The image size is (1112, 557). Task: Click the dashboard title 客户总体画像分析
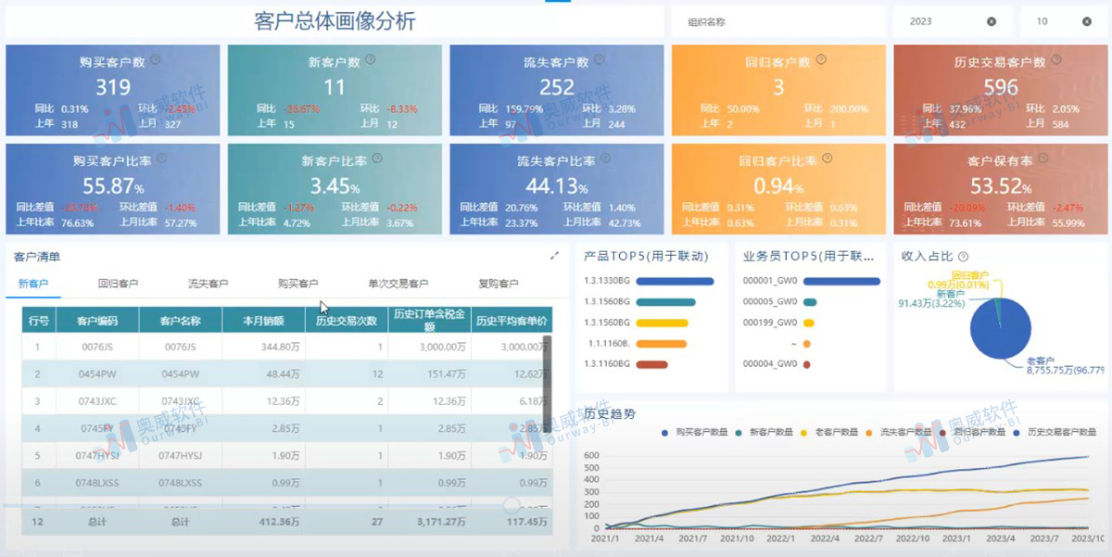pos(335,21)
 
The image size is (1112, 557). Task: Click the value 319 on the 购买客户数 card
pos(113,87)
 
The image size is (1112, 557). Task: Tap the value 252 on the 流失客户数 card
pos(557,87)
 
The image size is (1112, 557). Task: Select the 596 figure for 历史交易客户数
pos(1000,87)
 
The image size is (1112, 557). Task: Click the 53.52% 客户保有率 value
pos(999,185)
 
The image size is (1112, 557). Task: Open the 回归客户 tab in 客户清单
pos(118,284)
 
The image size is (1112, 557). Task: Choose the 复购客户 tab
pos(498,284)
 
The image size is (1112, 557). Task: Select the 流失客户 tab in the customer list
pos(208,284)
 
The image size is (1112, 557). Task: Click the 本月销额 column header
pos(263,321)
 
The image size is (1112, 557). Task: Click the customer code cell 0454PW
pos(97,373)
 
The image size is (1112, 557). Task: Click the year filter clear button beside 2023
pos(992,21)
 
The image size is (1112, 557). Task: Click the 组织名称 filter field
pos(778,21)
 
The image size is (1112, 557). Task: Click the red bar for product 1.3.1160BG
pos(652,364)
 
